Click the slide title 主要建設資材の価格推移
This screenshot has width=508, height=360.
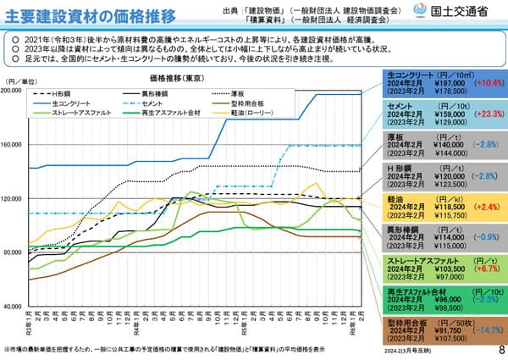coord(92,16)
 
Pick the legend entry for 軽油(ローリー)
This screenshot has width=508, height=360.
coord(260,112)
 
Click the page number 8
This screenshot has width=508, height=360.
coord(500,348)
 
